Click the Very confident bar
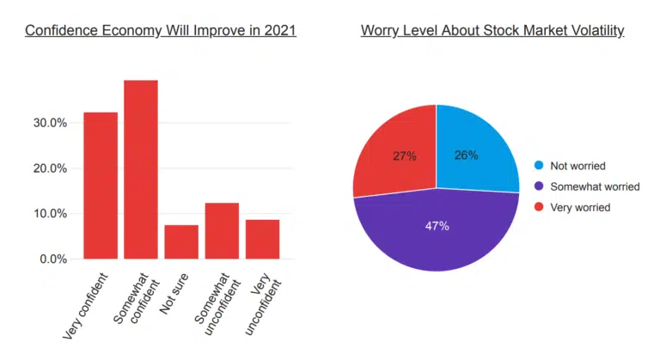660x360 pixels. tap(100, 185)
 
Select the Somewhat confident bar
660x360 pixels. tap(141, 169)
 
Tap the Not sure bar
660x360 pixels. tap(181, 241)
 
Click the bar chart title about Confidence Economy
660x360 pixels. tap(161, 31)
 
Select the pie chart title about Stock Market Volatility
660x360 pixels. tap(492, 31)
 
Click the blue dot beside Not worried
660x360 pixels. tap(539, 165)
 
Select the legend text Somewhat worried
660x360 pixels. tap(594, 186)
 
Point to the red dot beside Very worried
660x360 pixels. tap(539, 207)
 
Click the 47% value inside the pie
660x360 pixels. tap(437, 226)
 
